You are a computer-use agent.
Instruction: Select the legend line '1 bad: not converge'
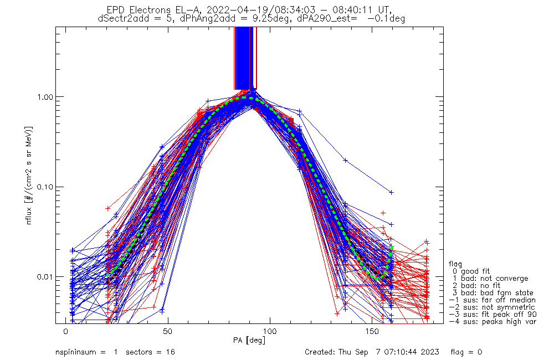[x=490, y=279]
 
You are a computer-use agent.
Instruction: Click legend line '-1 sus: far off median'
[x=492, y=300]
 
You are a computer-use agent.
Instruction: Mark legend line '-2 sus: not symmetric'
[x=492, y=307]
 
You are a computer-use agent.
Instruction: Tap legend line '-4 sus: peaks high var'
[x=492, y=322]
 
